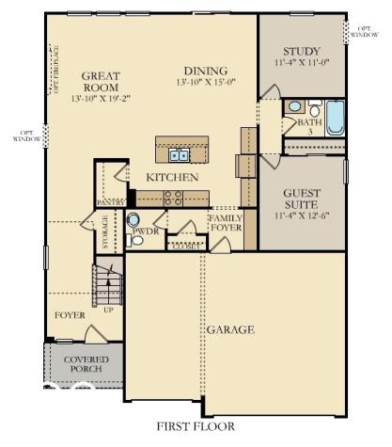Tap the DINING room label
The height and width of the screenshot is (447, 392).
(206, 71)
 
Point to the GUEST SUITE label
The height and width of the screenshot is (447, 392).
(301, 198)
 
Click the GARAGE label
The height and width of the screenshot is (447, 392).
(230, 329)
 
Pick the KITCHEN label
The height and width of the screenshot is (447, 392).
(171, 177)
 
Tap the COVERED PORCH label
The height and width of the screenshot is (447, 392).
(86, 365)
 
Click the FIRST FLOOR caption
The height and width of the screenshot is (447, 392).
(196, 426)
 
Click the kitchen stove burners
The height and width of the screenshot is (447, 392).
(173, 198)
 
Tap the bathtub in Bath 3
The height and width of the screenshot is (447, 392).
(335, 119)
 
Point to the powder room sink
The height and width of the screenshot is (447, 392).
(133, 220)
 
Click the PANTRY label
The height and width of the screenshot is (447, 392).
(111, 202)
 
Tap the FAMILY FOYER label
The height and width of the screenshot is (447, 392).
(226, 223)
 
